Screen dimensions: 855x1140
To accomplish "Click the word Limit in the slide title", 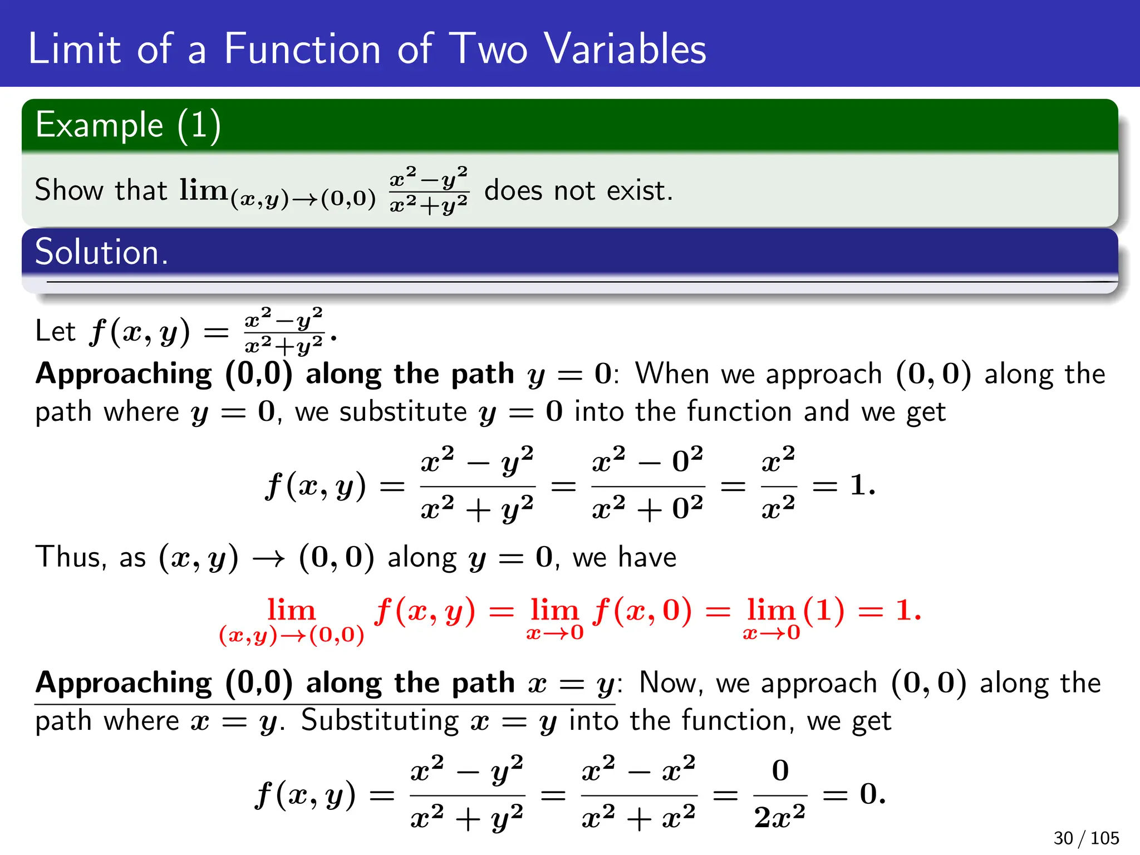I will pos(74,49).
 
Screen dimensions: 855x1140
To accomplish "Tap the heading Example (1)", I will pos(128,125).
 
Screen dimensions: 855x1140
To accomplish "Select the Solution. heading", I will pos(101,252).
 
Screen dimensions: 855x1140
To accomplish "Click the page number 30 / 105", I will pos(1085,838).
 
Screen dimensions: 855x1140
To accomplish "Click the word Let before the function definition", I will pos(55,331).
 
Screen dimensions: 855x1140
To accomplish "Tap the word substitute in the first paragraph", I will pos(403,412).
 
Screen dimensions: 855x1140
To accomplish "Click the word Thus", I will pos(70,557).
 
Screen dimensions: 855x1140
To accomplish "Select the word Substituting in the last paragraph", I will pos(380,721).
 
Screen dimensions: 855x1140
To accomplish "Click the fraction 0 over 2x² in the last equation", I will pos(780,794).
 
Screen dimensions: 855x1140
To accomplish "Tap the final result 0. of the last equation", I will pos(872,794).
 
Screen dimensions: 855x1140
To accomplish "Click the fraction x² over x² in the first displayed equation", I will pos(778,485).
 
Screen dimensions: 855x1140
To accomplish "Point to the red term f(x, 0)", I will pos(642,611).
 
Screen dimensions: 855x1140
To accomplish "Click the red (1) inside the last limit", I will pos(824,611).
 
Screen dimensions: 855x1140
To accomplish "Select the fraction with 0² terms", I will pos(647,485).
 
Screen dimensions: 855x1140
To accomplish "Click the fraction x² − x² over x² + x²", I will pos(638,794).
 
